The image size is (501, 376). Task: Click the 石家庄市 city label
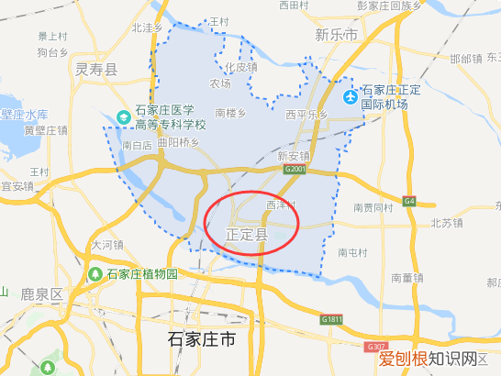click(202, 340)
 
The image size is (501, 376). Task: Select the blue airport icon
click(350, 97)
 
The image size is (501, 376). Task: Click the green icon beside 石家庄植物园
click(95, 274)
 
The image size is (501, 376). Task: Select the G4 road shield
click(408, 201)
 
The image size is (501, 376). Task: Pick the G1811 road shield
click(332, 319)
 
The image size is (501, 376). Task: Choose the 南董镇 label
click(406, 277)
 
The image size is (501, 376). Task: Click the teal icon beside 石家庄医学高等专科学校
click(123, 117)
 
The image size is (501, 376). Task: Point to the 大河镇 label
click(106, 245)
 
